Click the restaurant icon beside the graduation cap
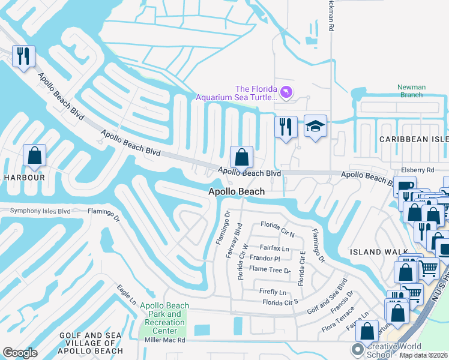click(x=286, y=127)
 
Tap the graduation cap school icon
click(x=315, y=127)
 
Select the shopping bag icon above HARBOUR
click(x=35, y=155)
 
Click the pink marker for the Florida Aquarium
click(x=286, y=91)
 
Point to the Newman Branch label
click(x=411, y=91)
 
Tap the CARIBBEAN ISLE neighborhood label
click(x=413, y=139)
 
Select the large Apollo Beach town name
click(x=236, y=192)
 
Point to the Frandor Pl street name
click(x=265, y=259)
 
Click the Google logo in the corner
click(x=20, y=353)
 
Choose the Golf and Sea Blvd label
click(x=328, y=296)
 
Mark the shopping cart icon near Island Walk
click(x=427, y=268)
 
